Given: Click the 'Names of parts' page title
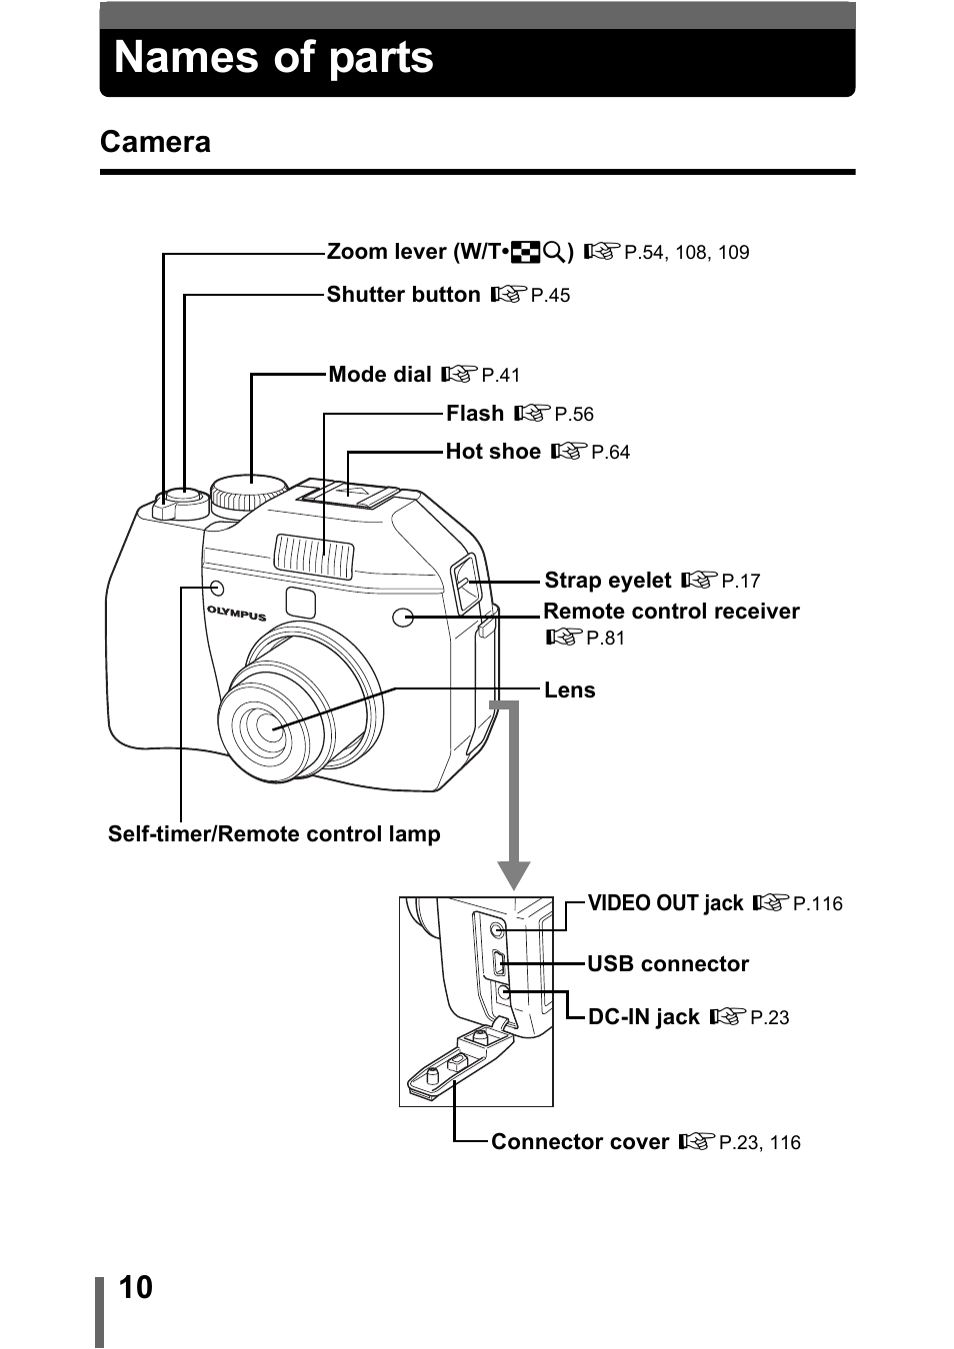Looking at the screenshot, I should (x=274, y=58).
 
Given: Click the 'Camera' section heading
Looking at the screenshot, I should (x=155, y=142).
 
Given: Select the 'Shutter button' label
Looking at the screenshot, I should (x=403, y=295).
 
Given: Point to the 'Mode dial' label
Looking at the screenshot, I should (x=380, y=375).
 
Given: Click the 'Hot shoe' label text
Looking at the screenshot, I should (x=493, y=452).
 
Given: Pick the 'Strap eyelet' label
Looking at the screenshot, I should (x=607, y=581).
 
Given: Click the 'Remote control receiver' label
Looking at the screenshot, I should (x=671, y=612).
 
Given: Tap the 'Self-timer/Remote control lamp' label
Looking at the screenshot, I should (x=274, y=834).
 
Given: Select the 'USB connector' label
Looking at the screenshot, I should (x=667, y=964).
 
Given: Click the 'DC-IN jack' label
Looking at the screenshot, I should (x=643, y=1017).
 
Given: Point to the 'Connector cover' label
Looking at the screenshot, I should (x=579, y=1142).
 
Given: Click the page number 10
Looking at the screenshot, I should (x=136, y=1287).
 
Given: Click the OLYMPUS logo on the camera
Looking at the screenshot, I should (x=237, y=614).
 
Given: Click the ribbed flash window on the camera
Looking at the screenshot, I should (x=314, y=556).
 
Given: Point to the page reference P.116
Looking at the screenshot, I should (x=817, y=904).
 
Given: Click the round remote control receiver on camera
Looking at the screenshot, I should (x=403, y=618).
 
